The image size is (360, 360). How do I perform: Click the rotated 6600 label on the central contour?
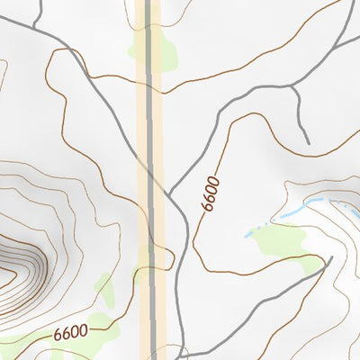tap(211, 193)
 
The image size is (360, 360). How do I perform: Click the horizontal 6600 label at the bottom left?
tap(70, 331)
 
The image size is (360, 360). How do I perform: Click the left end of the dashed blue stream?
tap(246, 235)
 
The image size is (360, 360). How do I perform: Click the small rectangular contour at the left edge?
tap(3, 72)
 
